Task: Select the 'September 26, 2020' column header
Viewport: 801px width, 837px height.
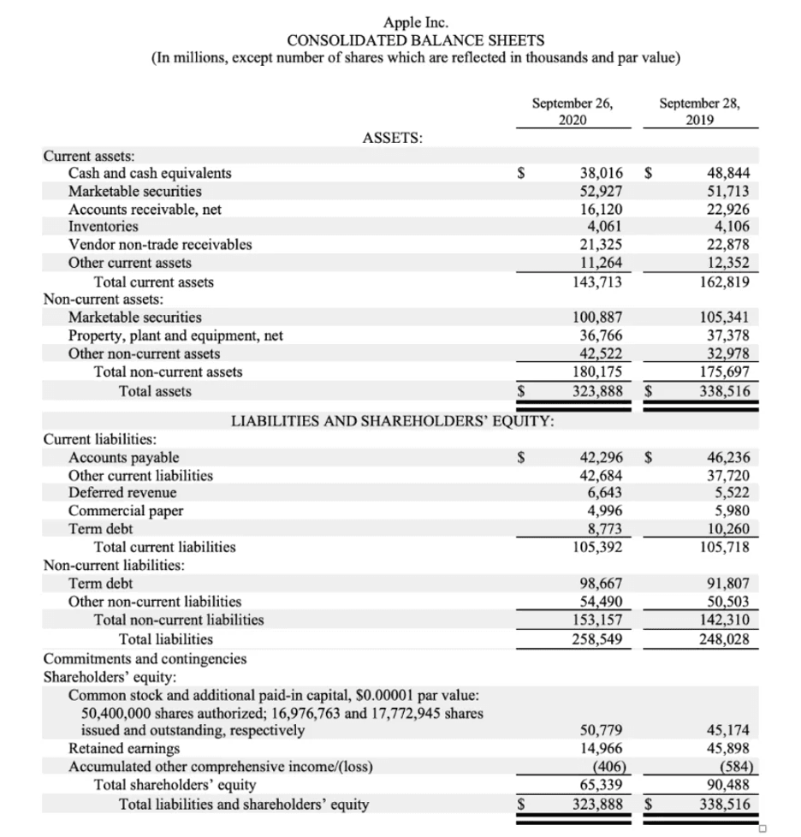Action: [572, 111]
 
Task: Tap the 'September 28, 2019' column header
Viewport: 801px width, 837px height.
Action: [701, 111]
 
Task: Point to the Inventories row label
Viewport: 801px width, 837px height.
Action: [103, 227]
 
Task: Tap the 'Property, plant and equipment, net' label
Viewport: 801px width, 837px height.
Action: [175, 335]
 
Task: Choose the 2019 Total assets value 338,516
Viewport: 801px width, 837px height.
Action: [724, 392]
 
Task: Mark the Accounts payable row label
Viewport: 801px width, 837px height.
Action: [123, 457]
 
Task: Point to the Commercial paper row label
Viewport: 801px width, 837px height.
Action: [125, 511]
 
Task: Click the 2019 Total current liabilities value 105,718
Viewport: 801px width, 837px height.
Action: [724, 547]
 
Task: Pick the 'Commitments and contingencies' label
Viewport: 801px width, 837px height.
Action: [145, 658]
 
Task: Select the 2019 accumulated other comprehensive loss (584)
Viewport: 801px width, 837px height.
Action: [733, 766]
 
